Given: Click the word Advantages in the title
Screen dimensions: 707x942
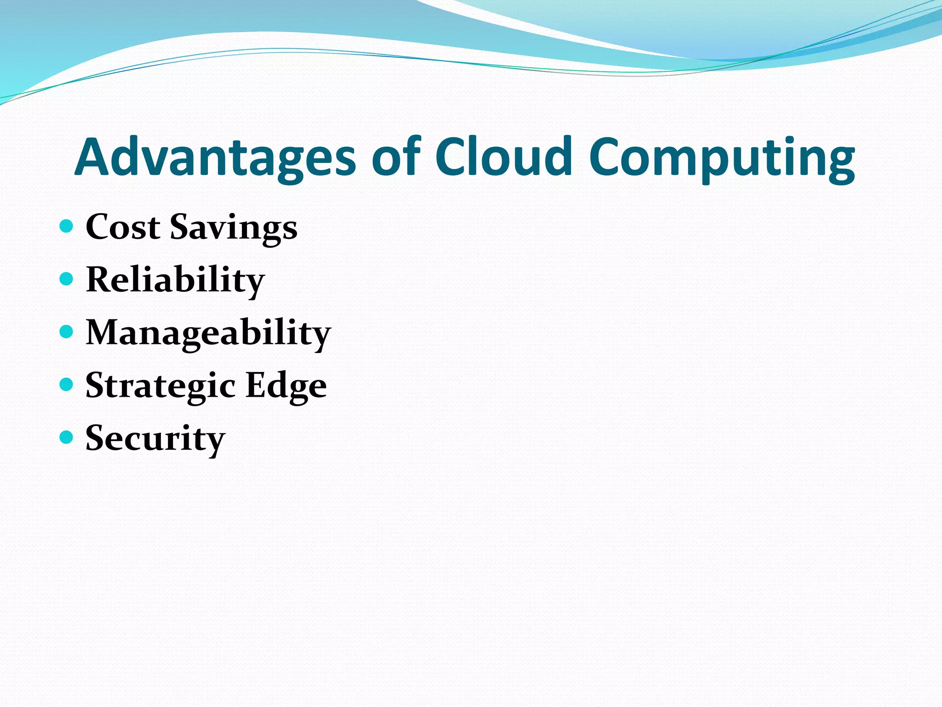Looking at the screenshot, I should (x=215, y=157).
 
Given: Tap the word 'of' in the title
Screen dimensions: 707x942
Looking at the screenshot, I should (x=396, y=157).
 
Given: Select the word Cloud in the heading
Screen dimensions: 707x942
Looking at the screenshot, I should (x=503, y=157).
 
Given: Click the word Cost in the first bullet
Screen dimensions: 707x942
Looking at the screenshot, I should (x=123, y=227).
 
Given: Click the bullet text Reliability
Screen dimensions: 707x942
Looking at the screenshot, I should (x=175, y=280).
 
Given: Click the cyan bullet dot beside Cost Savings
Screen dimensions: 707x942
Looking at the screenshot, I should (x=67, y=226).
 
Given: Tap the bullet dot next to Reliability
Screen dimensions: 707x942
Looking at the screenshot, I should (x=67, y=278).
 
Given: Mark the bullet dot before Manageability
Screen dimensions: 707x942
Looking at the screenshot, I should (x=67, y=331).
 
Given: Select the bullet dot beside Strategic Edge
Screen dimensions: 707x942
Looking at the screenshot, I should (x=67, y=384).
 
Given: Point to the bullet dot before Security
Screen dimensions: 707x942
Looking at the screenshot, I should (x=67, y=437).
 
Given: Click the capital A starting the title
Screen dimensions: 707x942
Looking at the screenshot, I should (x=94, y=157).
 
